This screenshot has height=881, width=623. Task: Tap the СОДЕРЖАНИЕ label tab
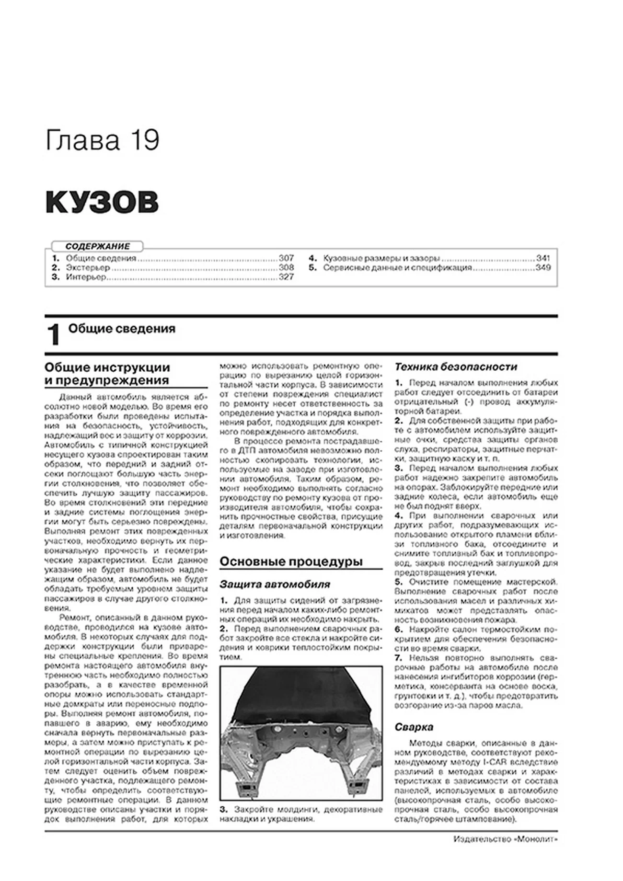(x=98, y=246)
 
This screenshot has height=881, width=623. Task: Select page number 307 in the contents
(x=286, y=258)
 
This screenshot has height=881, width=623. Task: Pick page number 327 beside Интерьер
(x=286, y=277)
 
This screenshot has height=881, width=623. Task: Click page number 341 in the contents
(x=543, y=258)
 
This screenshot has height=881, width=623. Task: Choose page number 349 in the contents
(x=543, y=268)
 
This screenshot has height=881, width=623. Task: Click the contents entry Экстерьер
(x=88, y=268)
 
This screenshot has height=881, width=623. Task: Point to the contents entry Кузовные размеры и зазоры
(x=381, y=258)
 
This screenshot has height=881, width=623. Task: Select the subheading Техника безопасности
(x=456, y=367)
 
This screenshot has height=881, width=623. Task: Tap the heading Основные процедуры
(x=291, y=561)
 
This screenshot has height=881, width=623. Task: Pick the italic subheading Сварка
(x=414, y=727)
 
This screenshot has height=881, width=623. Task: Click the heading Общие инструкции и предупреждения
(x=107, y=374)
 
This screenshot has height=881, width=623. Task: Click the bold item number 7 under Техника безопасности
(x=398, y=658)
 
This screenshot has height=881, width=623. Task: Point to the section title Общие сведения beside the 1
(x=122, y=329)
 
